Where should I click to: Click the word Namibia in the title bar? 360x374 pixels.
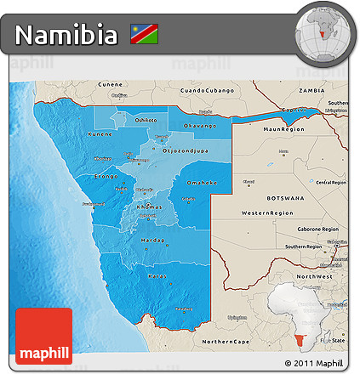tap(66, 36)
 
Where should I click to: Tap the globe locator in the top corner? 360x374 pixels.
tap(323, 32)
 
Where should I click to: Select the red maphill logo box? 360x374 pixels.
tap(44, 336)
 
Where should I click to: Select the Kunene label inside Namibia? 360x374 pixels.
tap(100, 134)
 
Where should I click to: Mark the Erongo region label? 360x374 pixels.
tap(106, 176)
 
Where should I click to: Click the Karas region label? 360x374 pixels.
tap(157, 276)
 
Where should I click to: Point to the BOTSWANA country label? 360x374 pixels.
tap(286, 196)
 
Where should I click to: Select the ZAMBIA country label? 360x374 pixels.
tap(312, 89)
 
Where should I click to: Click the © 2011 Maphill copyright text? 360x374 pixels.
tap(317, 364)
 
